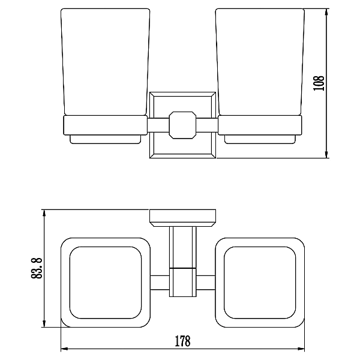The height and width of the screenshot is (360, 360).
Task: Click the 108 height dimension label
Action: click(x=319, y=83)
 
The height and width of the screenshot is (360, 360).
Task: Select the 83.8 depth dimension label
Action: click(x=37, y=268)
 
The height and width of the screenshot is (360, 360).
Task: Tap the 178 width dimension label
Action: click(x=183, y=341)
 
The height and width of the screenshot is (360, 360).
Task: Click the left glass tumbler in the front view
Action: click(x=106, y=62)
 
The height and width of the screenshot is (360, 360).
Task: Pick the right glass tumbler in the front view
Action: click(x=260, y=62)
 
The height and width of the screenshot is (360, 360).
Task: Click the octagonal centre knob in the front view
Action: click(x=182, y=125)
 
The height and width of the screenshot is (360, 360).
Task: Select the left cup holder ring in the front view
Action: click(x=106, y=125)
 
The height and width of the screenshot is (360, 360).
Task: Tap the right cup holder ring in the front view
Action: click(x=260, y=125)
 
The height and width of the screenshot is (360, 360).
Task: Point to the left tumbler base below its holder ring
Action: click(x=106, y=139)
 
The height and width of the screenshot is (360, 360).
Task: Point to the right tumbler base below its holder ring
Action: click(x=260, y=139)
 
